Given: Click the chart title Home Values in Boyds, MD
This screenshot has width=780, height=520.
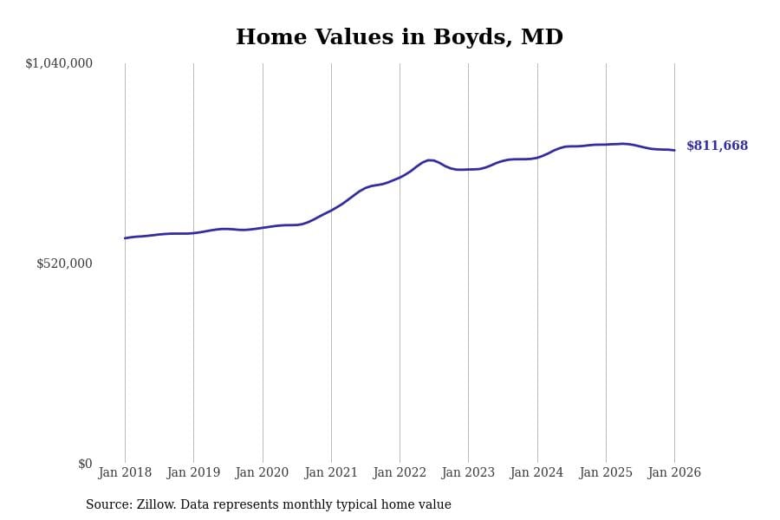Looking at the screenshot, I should click(399, 38).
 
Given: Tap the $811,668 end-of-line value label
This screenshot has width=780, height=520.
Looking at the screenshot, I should click(717, 146).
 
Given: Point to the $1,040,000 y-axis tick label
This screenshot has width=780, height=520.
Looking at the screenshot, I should click(59, 63).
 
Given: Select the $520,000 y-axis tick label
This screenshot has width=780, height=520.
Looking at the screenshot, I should click(64, 263).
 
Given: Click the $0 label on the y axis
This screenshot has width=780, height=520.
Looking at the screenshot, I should click(85, 464).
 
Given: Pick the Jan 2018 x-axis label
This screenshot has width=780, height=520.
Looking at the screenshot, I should click(125, 473).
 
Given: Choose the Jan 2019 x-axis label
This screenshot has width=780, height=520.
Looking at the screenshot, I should click(193, 473).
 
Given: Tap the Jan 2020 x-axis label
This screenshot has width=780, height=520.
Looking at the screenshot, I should click(262, 473).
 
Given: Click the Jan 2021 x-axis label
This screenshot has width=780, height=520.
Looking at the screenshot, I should click(331, 473).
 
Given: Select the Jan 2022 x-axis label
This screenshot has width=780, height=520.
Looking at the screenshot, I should click(400, 473).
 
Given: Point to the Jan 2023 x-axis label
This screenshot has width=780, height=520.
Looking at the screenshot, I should click(468, 473).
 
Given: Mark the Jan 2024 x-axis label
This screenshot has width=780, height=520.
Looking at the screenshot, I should click(536, 473).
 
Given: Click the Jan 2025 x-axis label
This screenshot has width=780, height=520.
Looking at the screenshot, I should click(606, 473).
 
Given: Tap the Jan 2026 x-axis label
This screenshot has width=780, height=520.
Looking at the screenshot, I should click(674, 473).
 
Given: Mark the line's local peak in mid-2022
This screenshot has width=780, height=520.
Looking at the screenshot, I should click(430, 160).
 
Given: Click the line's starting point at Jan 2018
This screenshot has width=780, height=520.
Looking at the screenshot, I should click(125, 238).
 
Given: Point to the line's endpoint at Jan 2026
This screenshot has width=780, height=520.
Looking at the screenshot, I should click(674, 150).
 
